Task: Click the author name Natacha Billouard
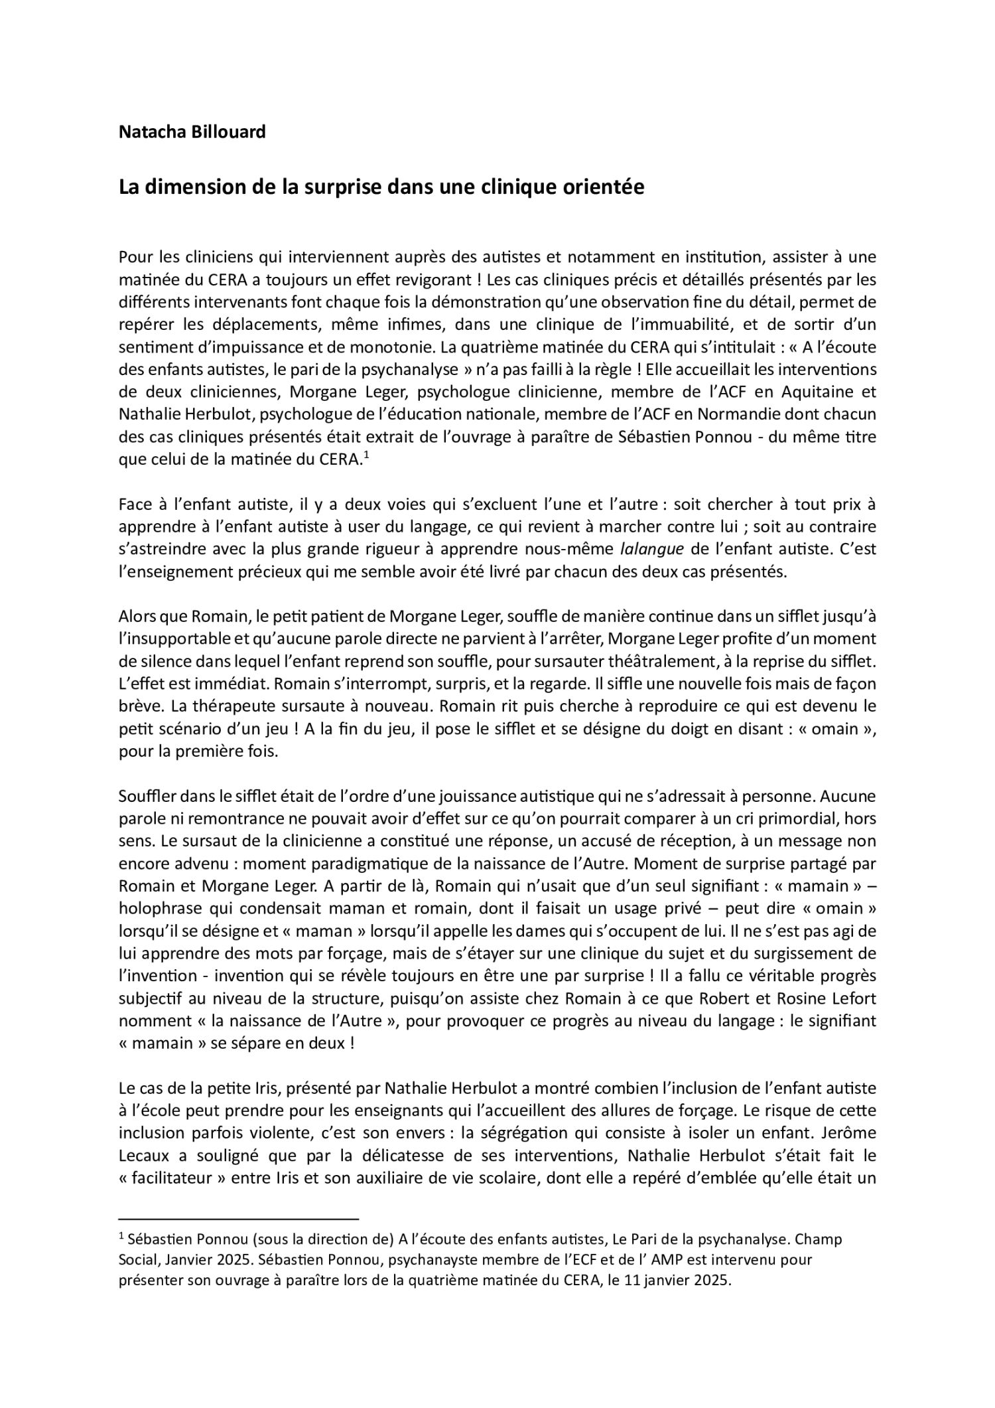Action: [192, 132]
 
